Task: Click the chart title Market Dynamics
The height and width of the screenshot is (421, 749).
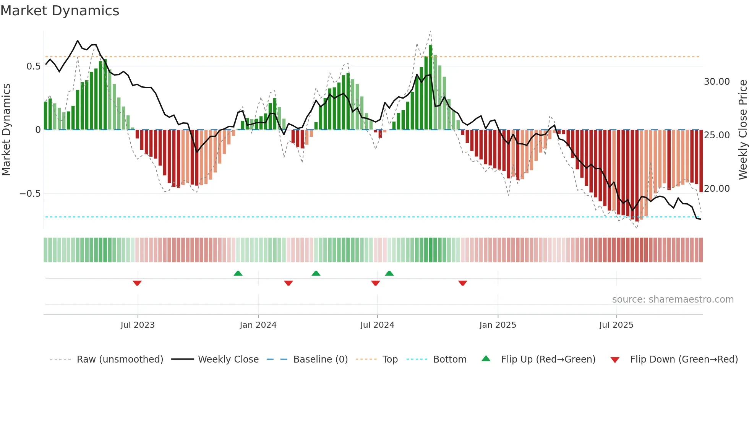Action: [x=60, y=11]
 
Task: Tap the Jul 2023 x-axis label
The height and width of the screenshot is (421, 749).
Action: [x=138, y=325]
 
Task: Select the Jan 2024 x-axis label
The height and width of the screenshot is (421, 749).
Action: [x=258, y=325]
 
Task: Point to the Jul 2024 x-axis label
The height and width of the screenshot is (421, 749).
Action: [x=377, y=325]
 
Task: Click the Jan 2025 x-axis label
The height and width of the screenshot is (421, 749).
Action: [x=498, y=325]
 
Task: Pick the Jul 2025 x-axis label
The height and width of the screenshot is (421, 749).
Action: [x=616, y=325]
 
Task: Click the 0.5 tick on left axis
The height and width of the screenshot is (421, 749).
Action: [x=33, y=66]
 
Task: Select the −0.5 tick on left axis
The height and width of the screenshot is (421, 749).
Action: [x=30, y=194]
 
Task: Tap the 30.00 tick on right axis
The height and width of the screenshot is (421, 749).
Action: [x=717, y=82]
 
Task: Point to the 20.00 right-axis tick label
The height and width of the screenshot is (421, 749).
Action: [x=717, y=189]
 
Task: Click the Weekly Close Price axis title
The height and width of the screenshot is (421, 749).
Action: [x=743, y=130]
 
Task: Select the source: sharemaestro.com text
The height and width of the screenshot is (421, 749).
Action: [x=673, y=300]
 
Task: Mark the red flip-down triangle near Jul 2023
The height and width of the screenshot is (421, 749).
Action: [x=137, y=283]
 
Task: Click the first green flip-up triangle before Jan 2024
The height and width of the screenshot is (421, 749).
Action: [x=238, y=273]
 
